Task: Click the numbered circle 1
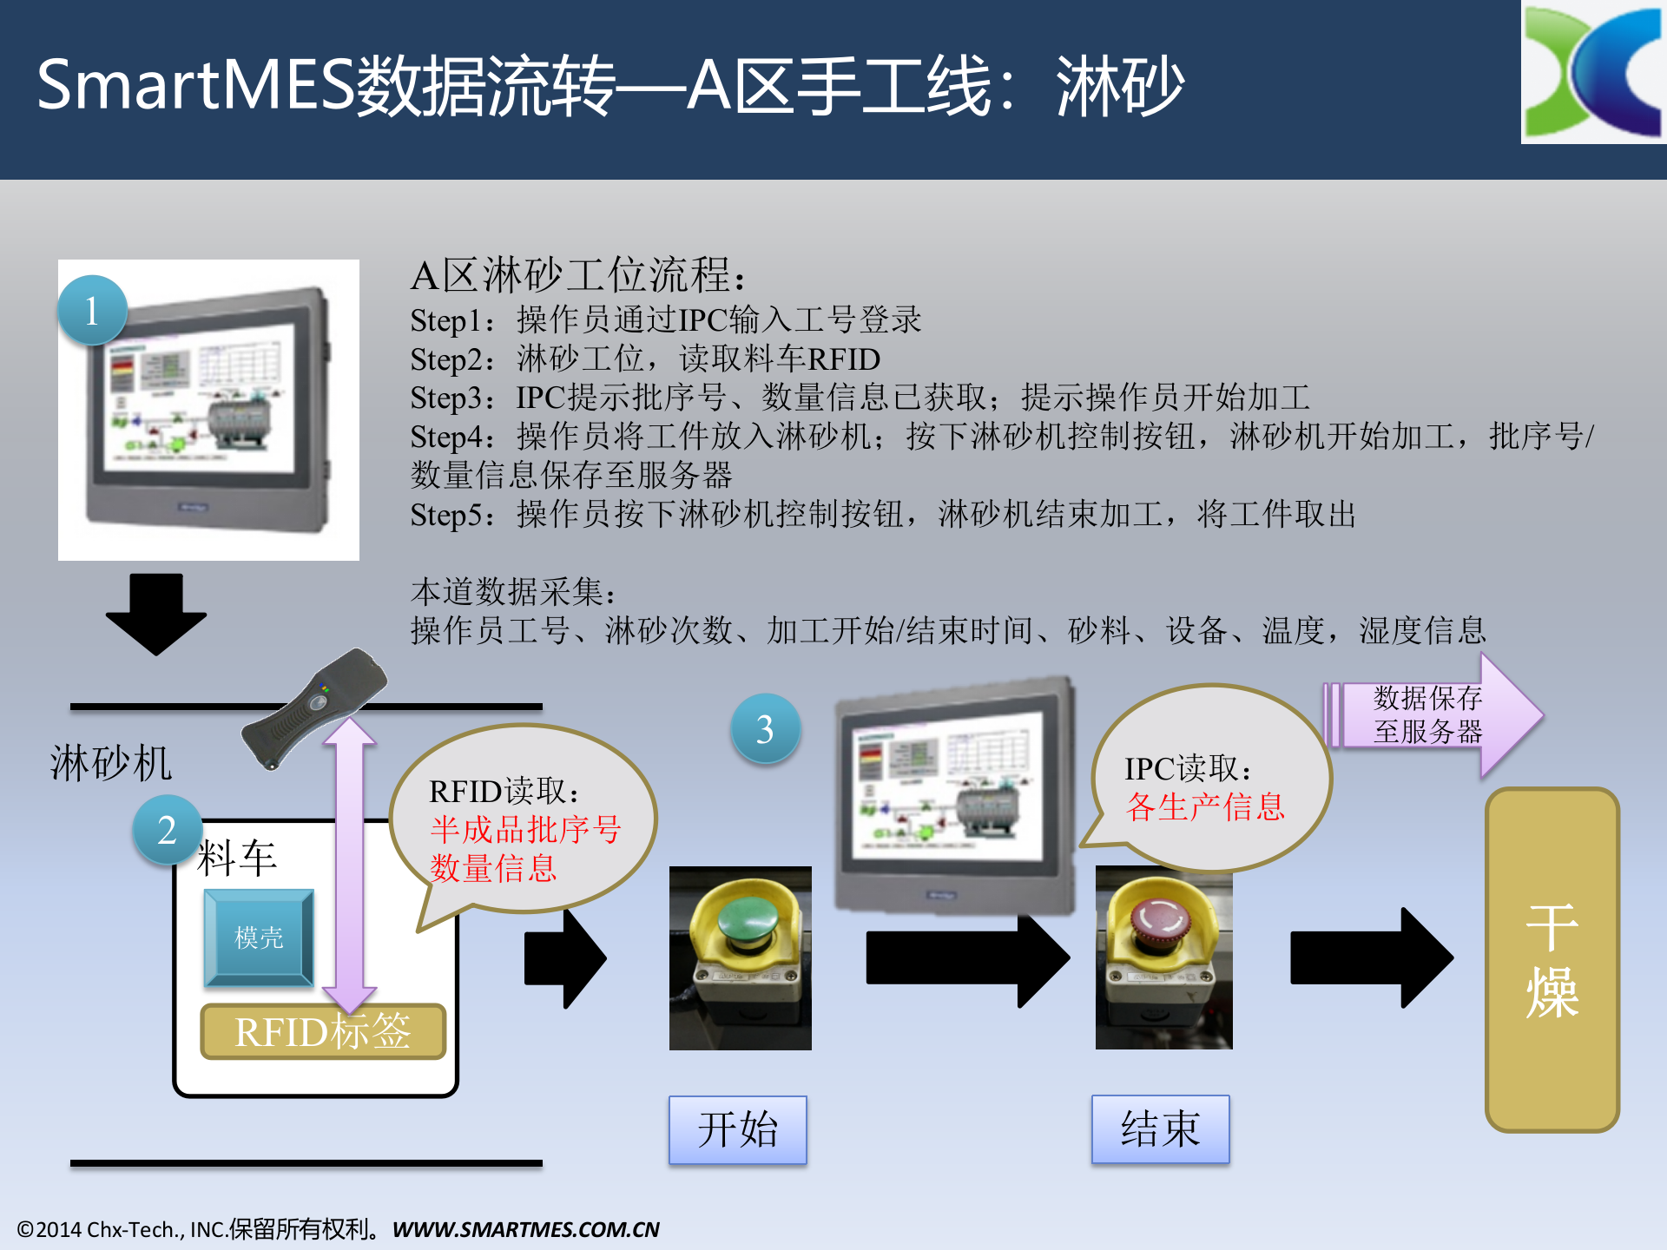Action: coord(92,311)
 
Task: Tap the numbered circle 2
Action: coord(167,830)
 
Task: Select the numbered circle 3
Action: coord(765,729)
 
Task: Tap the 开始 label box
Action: coord(737,1129)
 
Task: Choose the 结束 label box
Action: coord(1160,1128)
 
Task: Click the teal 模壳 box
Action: coord(259,937)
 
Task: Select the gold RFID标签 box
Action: coord(323,1032)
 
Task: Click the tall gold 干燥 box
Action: coord(1552,959)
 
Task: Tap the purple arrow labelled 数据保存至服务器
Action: coord(1433,715)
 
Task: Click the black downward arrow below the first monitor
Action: coord(156,613)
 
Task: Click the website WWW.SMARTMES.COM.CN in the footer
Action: coord(525,1229)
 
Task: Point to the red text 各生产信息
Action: coord(1205,806)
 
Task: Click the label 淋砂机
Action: coord(111,764)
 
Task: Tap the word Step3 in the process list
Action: coord(446,398)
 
